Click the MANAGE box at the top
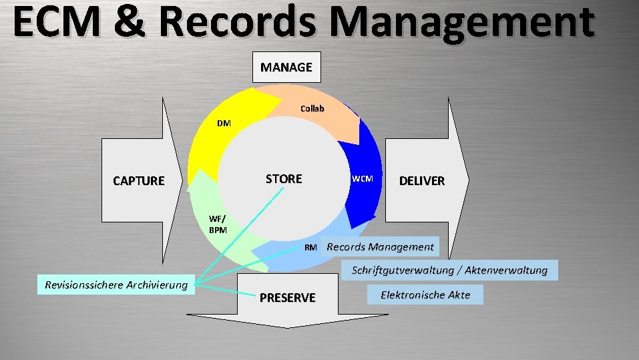point(286,67)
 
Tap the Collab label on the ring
point(312,108)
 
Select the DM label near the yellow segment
point(224,123)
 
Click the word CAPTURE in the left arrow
point(138,180)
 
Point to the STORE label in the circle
point(284,179)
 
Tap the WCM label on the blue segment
point(363,179)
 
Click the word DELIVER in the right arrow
point(421,181)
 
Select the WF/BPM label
point(218,224)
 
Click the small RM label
point(310,247)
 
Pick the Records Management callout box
point(380,247)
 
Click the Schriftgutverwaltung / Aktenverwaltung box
point(449,271)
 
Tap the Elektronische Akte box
point(425,295)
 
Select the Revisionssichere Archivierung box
point(116,285)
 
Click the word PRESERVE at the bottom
point(288,298)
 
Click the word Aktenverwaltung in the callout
point(507,271)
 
